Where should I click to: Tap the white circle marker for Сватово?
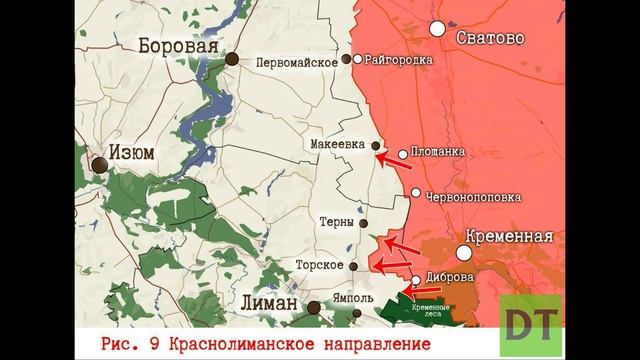pyautogui.click(x=437, y=28)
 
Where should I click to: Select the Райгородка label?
pyautogui.click(x=399, y=60)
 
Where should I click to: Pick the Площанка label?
pyautogui.click(x=438, y=153)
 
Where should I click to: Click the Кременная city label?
pyautogui.click(x=504, y=237)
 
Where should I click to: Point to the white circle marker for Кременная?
pyautogui.click(x=465, y=254)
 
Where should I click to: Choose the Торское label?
pyautogui.click(x=319, y=266)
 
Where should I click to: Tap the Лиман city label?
pyautogui.click(x=270, y=303)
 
